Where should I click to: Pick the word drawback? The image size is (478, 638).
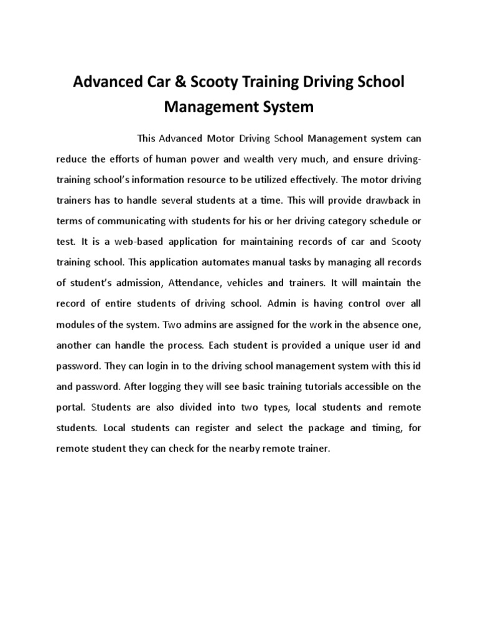(385, 200)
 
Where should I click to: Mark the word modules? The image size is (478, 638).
(75, 324)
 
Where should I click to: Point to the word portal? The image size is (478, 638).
(70, 407)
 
